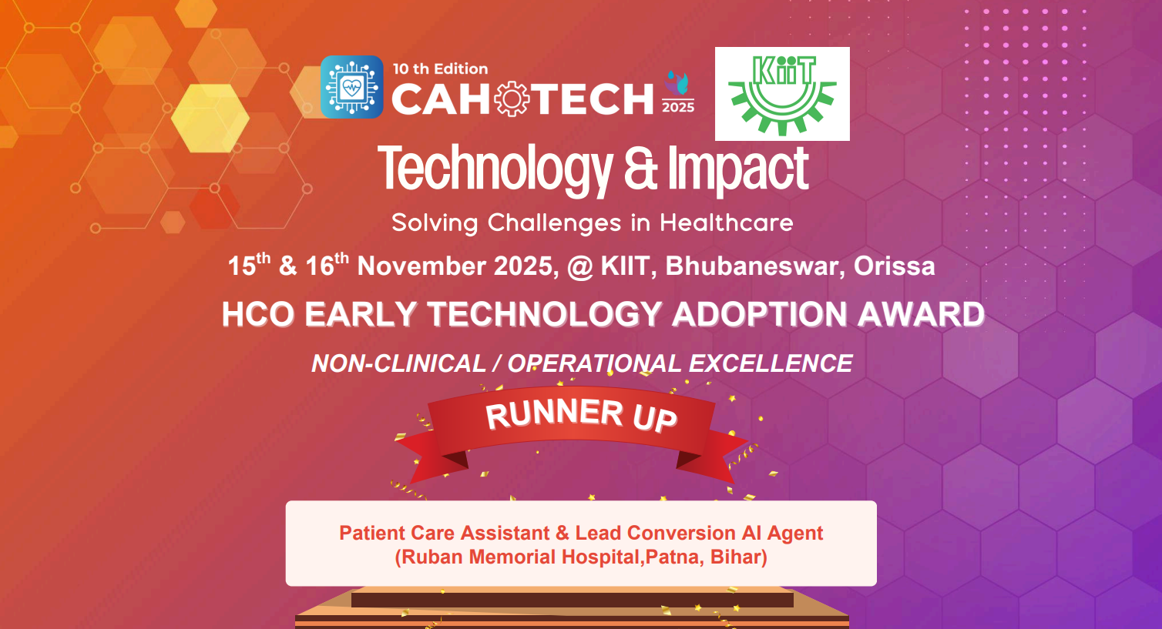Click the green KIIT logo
(x=782, y=94)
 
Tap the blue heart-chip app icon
(x=351, y=87)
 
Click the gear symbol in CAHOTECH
(x=512, y=99)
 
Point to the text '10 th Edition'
(x=440, y=69)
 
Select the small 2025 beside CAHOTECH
(x=678, y=107)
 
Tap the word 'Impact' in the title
(x=738, y=169)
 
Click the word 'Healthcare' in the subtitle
(x=726, y=223)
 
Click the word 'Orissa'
(x=894, y=266)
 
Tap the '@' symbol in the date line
(x=579, y=267)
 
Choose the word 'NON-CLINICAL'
(x=398, y=363)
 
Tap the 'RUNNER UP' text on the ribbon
(x=581, y=416)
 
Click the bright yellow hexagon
(x=210, y=118)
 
